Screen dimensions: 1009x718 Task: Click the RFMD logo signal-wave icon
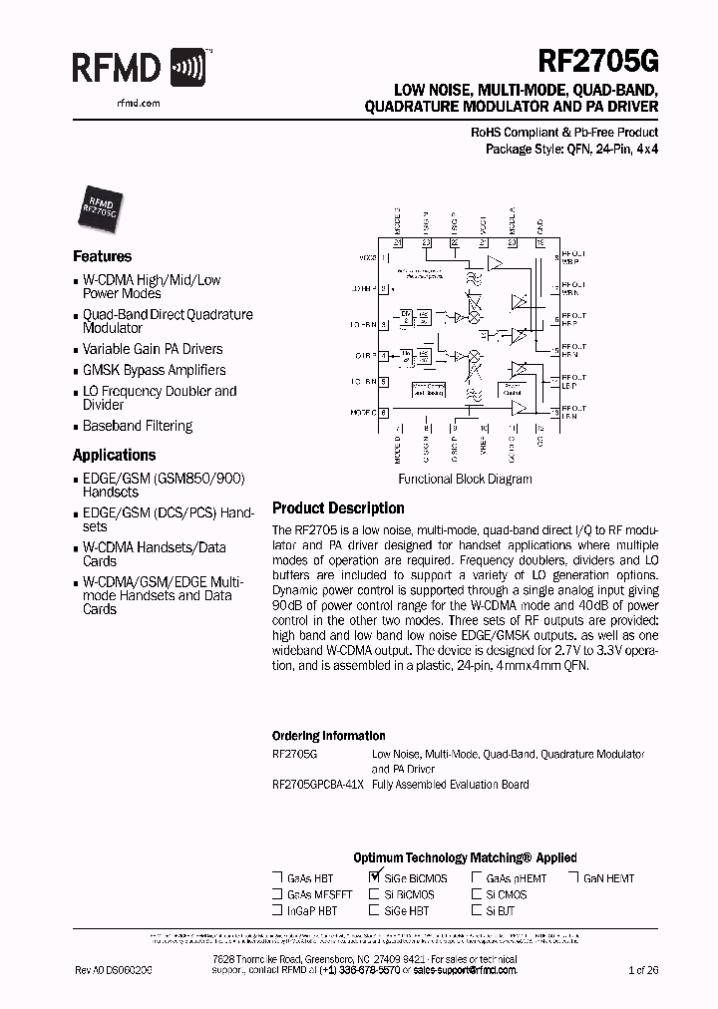pyautogui.click(x=188, y=67)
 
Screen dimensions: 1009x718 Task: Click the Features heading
pyautogui.click(x=102, y=256)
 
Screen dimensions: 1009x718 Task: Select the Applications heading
pyautogui.click(x=115, y=456)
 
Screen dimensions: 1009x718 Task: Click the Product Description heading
pyautogui.click(x=338, y=507)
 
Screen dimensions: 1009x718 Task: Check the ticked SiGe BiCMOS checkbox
pyautogui.click(x=375, y=877)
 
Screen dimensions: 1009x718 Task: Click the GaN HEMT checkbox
pyautogui.click(x=574, y=878)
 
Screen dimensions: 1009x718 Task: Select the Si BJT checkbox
pyautogui.click(x=477, y=910)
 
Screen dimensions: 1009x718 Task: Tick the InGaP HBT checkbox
pyautogui.click(x=276, y=910)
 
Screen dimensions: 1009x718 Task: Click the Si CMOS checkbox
pyautogui.click(x=477, y=894)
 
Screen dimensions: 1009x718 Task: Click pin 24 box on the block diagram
pyautogui.click(x=397, y=242)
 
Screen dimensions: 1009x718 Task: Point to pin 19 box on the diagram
pyautogui.click(x=540, y=242)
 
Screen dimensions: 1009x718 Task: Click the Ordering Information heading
pyautogui.click(x=328, y=736)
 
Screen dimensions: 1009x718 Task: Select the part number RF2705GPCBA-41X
pyautogui.click(x=318, y=785)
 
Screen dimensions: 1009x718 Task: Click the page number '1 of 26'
pyautogui.click(x=643, y=969)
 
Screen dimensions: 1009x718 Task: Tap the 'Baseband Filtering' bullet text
pyautogui.click(x=138, y=426)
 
